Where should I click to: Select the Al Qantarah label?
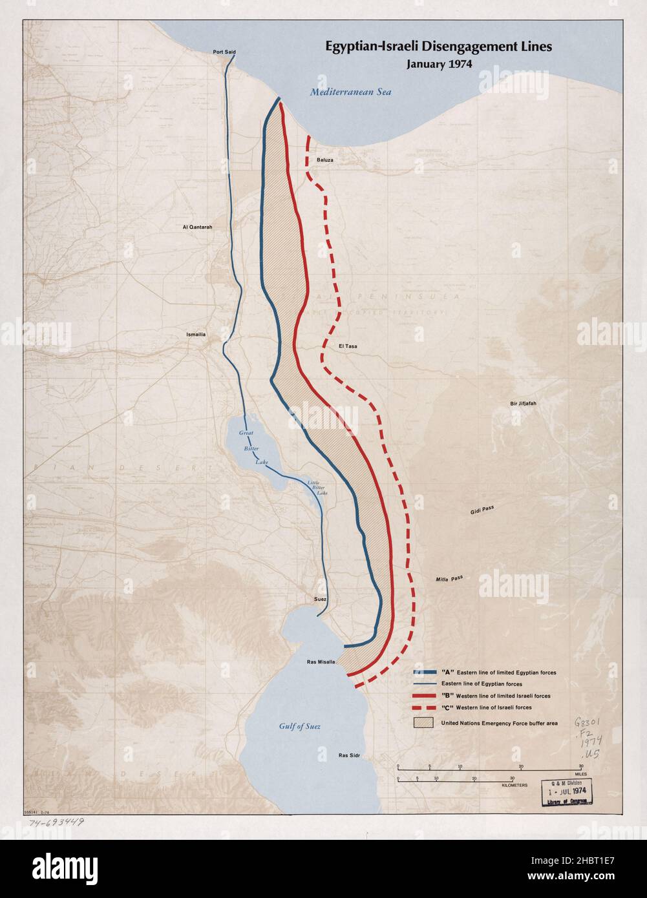pyautogui.click(x=197, y=227)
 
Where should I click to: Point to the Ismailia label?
pyautogui.click(x=196, y=334)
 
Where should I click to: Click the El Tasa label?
pyautogui.click(x=347, y=346)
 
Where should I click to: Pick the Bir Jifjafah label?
pyautogui.click(x=523, y=404)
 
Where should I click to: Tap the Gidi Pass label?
pyautogui.click(x=482, y=510)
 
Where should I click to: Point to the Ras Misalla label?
pyautogui.click(x=321, y=662)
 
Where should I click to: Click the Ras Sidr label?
pyautogui.click(x=349, y=755)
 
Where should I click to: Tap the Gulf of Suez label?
pyautogui.click(x=300, y=726)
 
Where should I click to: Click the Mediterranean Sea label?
pyautogui.click(x=350, y=92)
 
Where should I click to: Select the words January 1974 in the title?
pyautogui.click(x=439, y=64)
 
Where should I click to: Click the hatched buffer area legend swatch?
pyautogui.click(x=424, y=722)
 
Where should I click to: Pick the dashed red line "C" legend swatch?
pyautogui.click(x=424, y=707)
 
